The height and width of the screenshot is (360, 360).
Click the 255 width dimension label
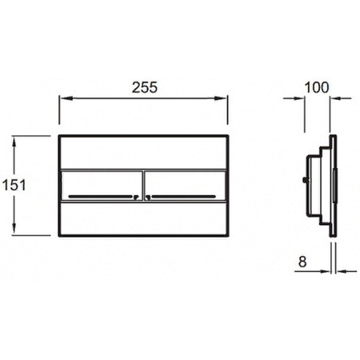coord(145,87)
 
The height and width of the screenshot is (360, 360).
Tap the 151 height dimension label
coord(14,185)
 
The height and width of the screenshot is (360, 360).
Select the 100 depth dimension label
coord(317,87)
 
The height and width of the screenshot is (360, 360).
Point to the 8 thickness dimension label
coord(302,262)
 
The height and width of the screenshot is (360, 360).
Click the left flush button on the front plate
coord(102,186)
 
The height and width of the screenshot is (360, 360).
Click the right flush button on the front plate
coord(185,186)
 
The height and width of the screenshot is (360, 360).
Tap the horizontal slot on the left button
coord(100,197)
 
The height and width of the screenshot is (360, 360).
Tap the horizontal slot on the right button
coord(183,197)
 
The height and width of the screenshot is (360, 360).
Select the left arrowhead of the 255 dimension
coord(66,98)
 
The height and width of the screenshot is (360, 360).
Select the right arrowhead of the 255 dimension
coord(221,98)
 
